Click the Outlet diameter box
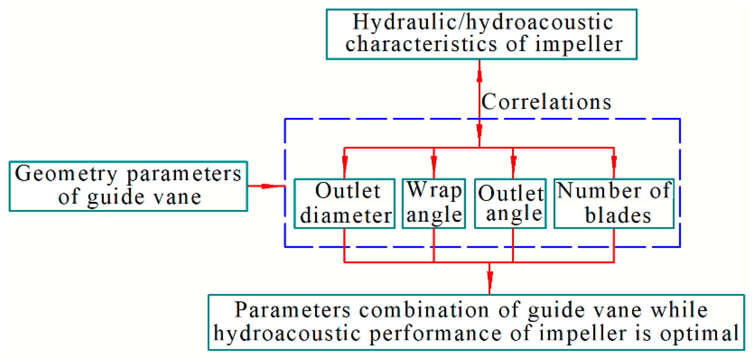click(x=345, y=203)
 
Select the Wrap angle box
click(x=434, y=203)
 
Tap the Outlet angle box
click(x=510, y=203)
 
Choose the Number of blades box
click(x=614, y=203)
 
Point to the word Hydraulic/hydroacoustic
click(x=483, y=23)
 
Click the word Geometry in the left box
click(x=66, y=174)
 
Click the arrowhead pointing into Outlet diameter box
click(x=345, y=162)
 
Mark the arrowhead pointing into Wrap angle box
click(x=434, y=162)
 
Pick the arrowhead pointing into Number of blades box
click(x=614, y=162)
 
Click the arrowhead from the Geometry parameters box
click(x=269, y=186)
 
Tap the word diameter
click(x=346, y=216)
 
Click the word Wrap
click(x=434, y=191)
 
